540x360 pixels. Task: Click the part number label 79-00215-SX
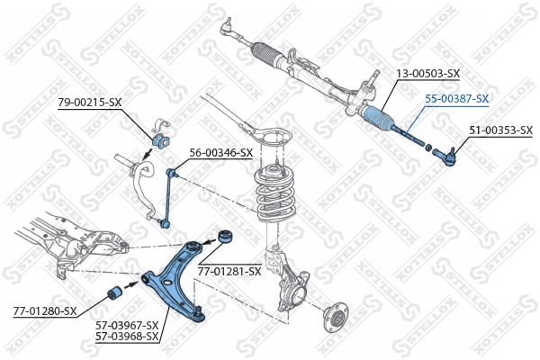pos(89,103)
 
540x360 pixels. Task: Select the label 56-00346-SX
pos(220,153)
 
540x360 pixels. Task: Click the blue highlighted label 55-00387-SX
pos(457,98)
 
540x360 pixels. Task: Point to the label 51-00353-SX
pos(500,130)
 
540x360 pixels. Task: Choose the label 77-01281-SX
pos(229,270)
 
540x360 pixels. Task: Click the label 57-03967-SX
pos(127,325)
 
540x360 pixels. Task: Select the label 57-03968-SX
pos(127,337)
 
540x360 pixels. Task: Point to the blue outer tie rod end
pos(446,157)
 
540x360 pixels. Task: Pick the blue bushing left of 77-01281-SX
pos(225,238)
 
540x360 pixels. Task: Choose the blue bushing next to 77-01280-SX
pos(115,293)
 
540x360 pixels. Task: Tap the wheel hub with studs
pos(337,320)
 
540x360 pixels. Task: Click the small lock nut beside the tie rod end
pos(429,148)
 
